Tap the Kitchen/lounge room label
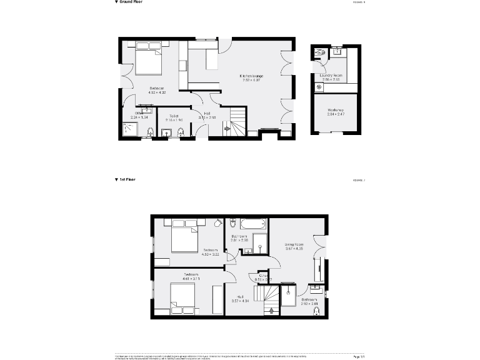point(251,76)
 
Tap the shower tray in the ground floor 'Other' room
point(132,129)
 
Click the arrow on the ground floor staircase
point(227,129)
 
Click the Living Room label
point(294,244)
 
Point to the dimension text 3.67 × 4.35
point(294,249)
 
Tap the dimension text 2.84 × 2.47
point(336,114)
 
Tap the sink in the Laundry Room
point(336,52)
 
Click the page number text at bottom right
point(359,356)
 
